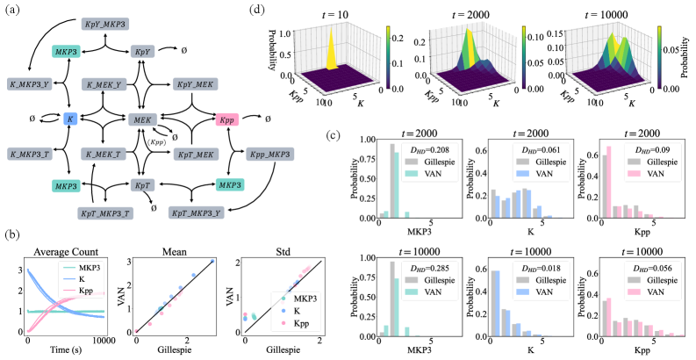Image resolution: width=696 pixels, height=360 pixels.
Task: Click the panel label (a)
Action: click(13, 11)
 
